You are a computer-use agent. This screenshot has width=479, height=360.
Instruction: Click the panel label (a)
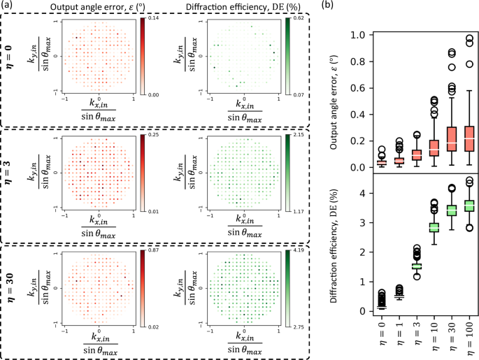tap(8, 6)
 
